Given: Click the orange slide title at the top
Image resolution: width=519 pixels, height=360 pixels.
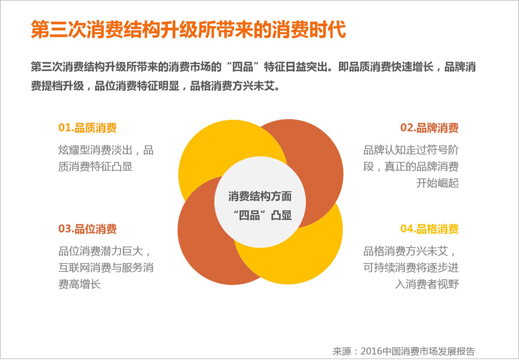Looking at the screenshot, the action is click(x=188, y=30).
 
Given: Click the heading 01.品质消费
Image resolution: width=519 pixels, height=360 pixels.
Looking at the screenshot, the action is click(x=87, y=128).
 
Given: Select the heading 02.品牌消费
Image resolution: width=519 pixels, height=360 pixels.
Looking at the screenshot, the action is click(x=429, y=128).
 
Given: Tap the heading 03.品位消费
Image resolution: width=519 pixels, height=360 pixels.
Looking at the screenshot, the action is click(x=87, y=229).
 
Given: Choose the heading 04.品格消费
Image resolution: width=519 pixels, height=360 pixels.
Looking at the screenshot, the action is click(x=429, y=229).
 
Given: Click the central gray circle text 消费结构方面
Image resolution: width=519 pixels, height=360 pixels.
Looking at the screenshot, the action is click(x=260, y=197).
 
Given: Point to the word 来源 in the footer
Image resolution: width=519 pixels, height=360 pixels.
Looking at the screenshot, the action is click(x=342, y=351).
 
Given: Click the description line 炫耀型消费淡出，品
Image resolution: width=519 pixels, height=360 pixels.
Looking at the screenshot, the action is click(x=106, y=150).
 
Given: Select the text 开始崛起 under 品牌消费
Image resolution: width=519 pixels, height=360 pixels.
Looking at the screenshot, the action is click(x=437, y=183).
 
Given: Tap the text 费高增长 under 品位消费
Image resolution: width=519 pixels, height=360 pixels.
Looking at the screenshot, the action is click(x=79, y=284).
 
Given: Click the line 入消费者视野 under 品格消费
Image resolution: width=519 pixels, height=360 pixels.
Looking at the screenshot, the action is click(x=427, y=284).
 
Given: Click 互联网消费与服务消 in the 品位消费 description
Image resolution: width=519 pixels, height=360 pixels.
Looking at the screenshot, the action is click(x=106, y=268).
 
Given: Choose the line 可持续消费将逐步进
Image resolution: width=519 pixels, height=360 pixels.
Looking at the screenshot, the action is click(x=411, y=268).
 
